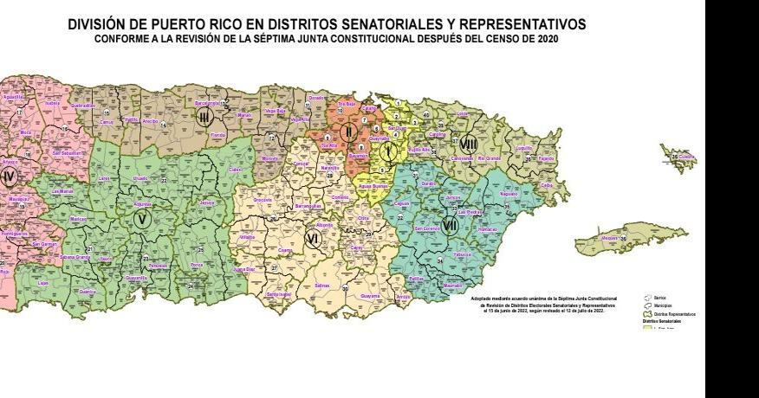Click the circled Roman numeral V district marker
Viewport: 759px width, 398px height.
click(x=142, y=219)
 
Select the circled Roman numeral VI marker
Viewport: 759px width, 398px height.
click(x=313, y=236)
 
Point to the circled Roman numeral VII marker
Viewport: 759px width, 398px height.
click(x=449, y=227)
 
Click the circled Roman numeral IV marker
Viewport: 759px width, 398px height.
click(x=10, y=177)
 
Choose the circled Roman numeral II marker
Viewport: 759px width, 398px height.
click(x=348, y=132)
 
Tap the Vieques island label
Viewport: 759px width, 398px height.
click(x=610, y=236)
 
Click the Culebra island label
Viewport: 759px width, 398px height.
click(x=686, y=157)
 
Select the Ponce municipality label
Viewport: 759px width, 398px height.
click(x=197, y=265)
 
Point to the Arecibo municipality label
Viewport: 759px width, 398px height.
click(x=150, y=121)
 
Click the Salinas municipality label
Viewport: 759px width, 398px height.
click(x=321, y=284)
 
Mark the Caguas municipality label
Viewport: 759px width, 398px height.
click(x=401, y=203)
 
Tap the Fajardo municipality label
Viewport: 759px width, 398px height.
click(x=545, y=158)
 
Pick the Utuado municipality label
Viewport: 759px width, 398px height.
click(x=139, y=178)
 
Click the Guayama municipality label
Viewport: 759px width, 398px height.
click(x=369, y=295)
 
